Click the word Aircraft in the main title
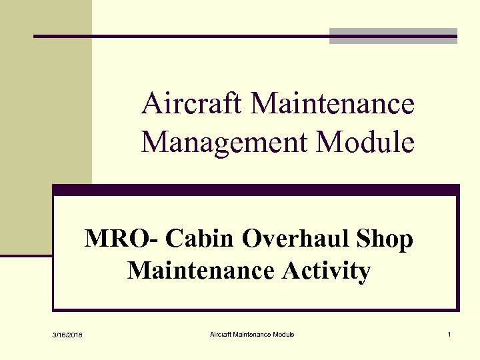click(x=193, y=105)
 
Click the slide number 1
click(x=450, y=334)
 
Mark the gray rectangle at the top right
click(x=393, y=36)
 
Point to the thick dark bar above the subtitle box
click(x=256, y=189)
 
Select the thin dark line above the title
click(x=180, y=36)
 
